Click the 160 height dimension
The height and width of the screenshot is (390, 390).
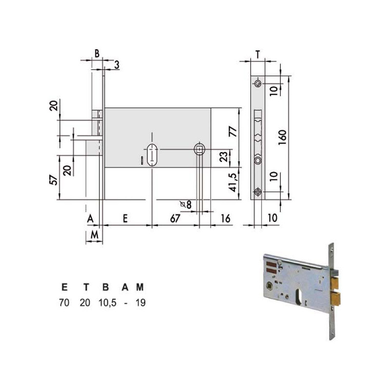pos(283,137)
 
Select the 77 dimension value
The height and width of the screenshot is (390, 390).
pos(233,131)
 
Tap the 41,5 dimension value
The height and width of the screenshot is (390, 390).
pos(233,182)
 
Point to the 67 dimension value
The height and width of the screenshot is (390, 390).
pos(175,218)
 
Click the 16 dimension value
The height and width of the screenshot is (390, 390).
pos(225,218)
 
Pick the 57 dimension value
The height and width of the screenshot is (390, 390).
pos(54,180)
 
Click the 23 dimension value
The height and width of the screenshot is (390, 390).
pos(224,156)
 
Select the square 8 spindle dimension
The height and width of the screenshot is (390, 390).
pos(186,205)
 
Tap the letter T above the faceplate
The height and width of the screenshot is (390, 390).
pos(258,55)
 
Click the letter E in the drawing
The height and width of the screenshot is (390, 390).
pos(125,218)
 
